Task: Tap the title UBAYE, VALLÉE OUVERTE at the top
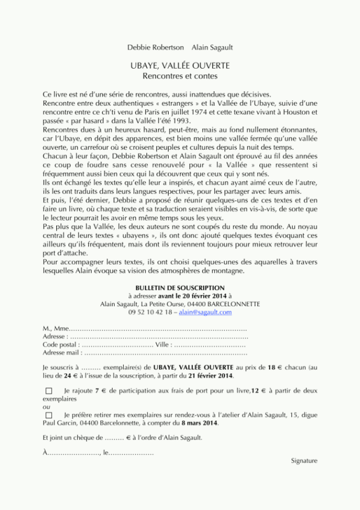click(x=179, y=66)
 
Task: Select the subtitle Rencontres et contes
click(x=179, y=75)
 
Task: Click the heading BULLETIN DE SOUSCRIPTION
click(x=179, y=288)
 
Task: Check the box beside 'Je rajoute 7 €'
click(x=48, y=390)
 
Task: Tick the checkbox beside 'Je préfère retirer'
click(x=48, y=415)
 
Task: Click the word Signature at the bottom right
click(x=304, y=460)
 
